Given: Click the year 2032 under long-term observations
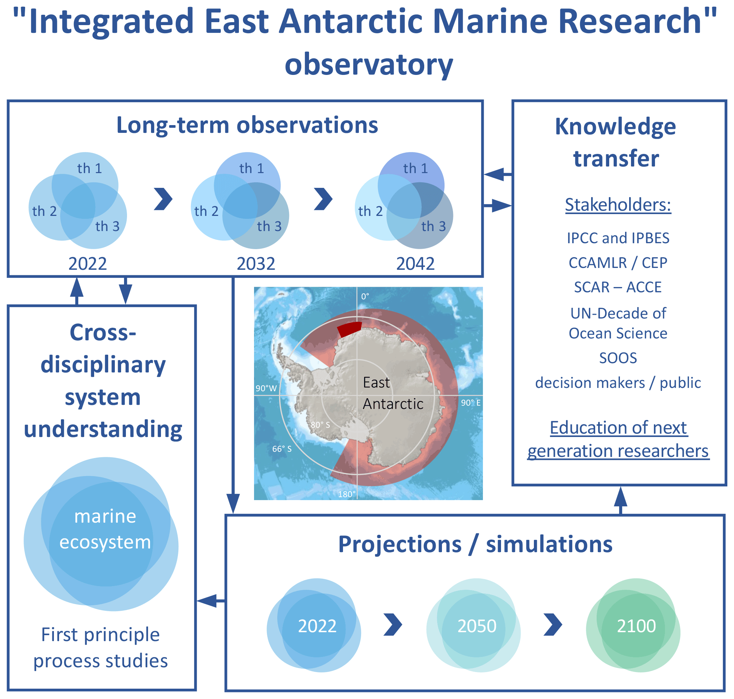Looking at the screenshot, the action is point(256,264).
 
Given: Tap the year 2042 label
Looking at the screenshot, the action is point(415,264).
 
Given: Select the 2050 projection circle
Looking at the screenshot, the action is point(477,626).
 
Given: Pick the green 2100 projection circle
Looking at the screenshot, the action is point(636,626).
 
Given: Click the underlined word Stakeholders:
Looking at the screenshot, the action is point(618,204).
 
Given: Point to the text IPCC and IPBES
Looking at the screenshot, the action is point(618,238).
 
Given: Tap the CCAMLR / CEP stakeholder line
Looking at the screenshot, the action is point(618,263).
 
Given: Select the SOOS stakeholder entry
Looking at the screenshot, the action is point(618,358).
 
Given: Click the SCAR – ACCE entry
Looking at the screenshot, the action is point(618,287).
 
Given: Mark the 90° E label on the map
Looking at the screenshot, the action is point(470,403).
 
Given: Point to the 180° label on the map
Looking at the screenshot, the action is point(347,495).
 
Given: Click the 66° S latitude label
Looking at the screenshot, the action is point(282,449).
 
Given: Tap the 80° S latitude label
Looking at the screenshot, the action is point(320,425).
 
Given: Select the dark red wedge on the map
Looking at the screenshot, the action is point(350,328).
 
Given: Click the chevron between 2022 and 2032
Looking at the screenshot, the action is point(163,199).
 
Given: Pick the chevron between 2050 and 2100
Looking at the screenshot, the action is point(553,624).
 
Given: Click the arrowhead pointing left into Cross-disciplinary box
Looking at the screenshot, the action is point(206,600).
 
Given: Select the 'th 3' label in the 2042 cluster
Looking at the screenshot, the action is point(433,226).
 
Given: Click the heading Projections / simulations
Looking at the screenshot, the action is point(475,545).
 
